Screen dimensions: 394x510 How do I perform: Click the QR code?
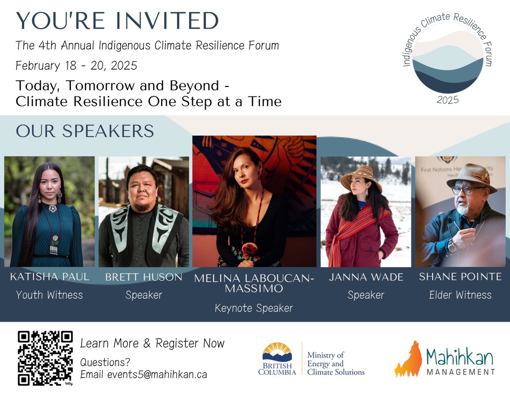click(45, 358)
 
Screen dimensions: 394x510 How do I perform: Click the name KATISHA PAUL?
click(50, 277)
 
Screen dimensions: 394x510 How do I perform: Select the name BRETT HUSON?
click(144, 278)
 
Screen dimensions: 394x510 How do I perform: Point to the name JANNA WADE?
click(366, 277)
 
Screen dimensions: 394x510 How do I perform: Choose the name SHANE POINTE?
click(460, 277)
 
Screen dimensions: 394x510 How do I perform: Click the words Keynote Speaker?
click(254, 308)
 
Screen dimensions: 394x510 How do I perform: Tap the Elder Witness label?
click(460, 295)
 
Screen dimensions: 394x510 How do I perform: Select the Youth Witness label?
click(50, 295)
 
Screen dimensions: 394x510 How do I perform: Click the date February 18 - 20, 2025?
click(76, 66)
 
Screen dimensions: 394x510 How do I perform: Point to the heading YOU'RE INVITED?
click(117, 21)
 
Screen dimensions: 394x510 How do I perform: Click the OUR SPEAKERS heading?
click(85, 131)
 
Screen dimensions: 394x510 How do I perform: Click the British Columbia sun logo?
click(277, 352)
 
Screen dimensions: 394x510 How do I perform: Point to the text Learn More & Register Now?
click(152, 343)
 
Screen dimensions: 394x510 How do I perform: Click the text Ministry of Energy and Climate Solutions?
click(335, 363)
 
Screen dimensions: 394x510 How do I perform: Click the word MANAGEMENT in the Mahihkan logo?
click(460, 372)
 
